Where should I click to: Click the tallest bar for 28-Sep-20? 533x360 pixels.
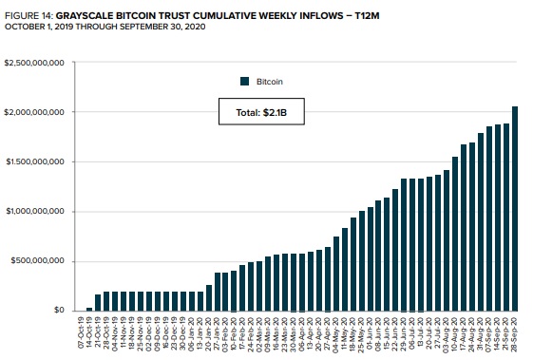point(515,209)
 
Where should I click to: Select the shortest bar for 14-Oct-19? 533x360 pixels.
point(89,308)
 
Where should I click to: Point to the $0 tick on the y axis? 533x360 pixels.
point(59,311)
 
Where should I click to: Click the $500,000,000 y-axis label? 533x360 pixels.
point(35,261)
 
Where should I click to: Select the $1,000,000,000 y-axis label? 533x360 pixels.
point(33,212)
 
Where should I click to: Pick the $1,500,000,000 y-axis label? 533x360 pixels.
point(33,162)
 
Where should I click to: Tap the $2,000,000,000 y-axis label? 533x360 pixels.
point(33,113)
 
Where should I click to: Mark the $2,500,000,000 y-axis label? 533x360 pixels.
point(33,64)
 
